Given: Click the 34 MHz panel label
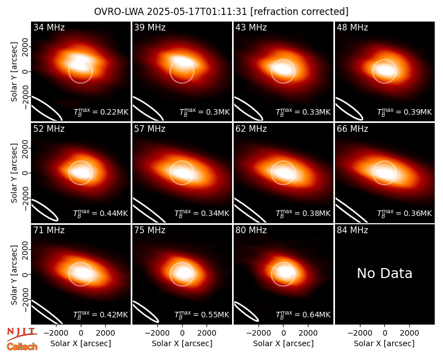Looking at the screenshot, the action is click(x=49, y=27).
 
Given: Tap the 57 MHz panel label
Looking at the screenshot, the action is click(x=150, y=129).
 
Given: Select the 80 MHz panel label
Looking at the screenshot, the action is click(x=251, y=230).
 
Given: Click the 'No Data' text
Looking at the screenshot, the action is click(x=384, y=273).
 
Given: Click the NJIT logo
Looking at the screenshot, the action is click(x=22, y=334).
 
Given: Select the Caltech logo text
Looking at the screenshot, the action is click(x=22, y=347).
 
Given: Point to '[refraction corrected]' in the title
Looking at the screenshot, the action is click(x=300, y=12).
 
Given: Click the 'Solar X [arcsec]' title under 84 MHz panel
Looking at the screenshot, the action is click(x=384, y=343).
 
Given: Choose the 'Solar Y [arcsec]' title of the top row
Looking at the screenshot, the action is click(x=14, y=72).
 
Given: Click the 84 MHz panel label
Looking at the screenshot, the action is click(x=352, y=230).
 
